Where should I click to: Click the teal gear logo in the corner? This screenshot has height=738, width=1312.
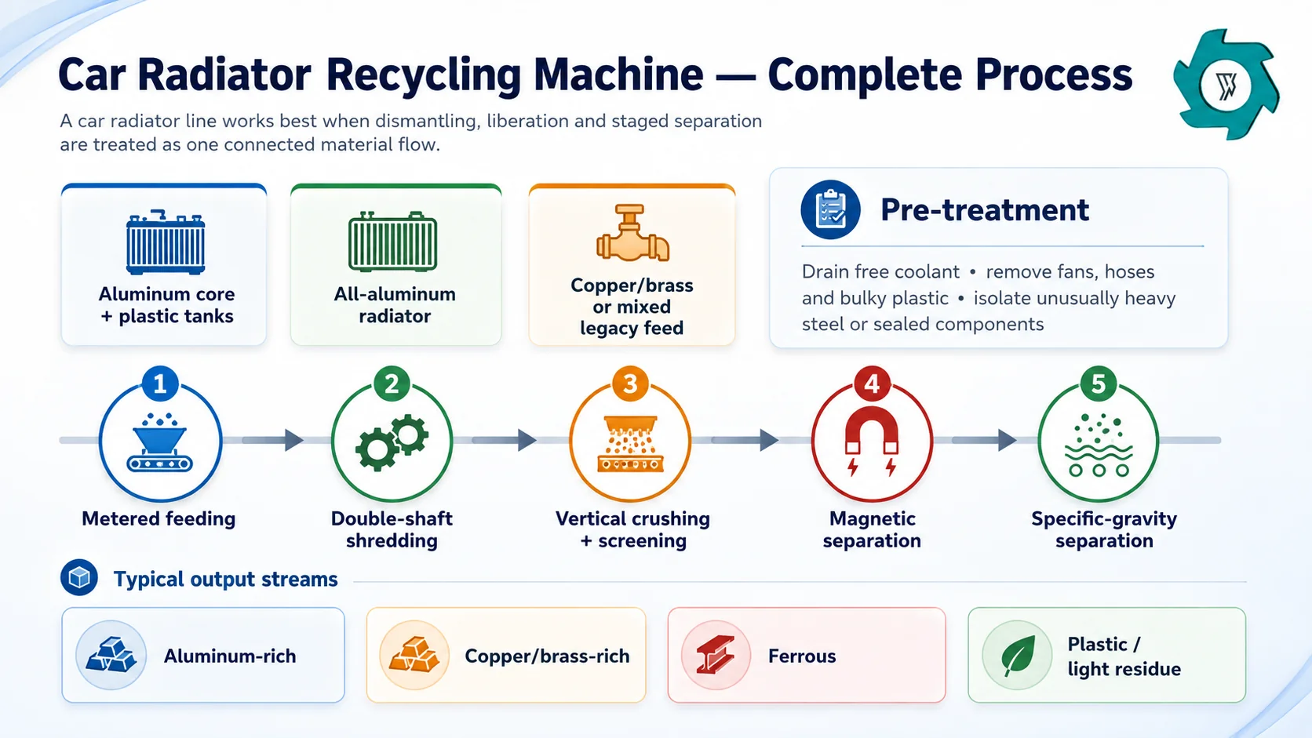pyautogui.click(x=1226, y=85)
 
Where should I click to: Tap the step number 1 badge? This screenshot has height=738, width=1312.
pyautogui.click(x=160, y=384)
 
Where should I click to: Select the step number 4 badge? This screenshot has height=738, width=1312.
pyautogui.click(x=872, y=384)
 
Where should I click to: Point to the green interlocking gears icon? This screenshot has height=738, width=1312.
pyautogui.click(x=392, y=442)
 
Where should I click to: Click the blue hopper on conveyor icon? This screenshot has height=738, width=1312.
pyautogui.click(x=160, y=442)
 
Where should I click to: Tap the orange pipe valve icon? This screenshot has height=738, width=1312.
pyautogui.click(x=632, y=232)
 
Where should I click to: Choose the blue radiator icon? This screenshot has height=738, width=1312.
pyautogui.click(x=166, y=242)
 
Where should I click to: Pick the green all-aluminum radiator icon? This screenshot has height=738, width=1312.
pyautogui.click(x=393, y=241)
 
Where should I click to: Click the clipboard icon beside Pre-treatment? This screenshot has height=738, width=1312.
pyautogui.click(x=830, y=209)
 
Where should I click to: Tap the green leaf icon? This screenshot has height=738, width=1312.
pyautogui.click(x=1018, y=656)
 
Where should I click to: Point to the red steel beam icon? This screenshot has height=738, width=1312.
pyautogui.click(x=715, y=655)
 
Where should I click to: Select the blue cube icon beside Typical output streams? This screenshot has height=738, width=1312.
pyautogui.click(x=79, y=578)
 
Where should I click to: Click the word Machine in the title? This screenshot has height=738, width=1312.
pyautogui.click(x=618, y=75)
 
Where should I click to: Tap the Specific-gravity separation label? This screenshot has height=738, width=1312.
pyautogui.click(x=1104, y=529)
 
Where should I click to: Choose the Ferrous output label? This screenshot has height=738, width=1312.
pyautogui.click(x=802, y=656)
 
